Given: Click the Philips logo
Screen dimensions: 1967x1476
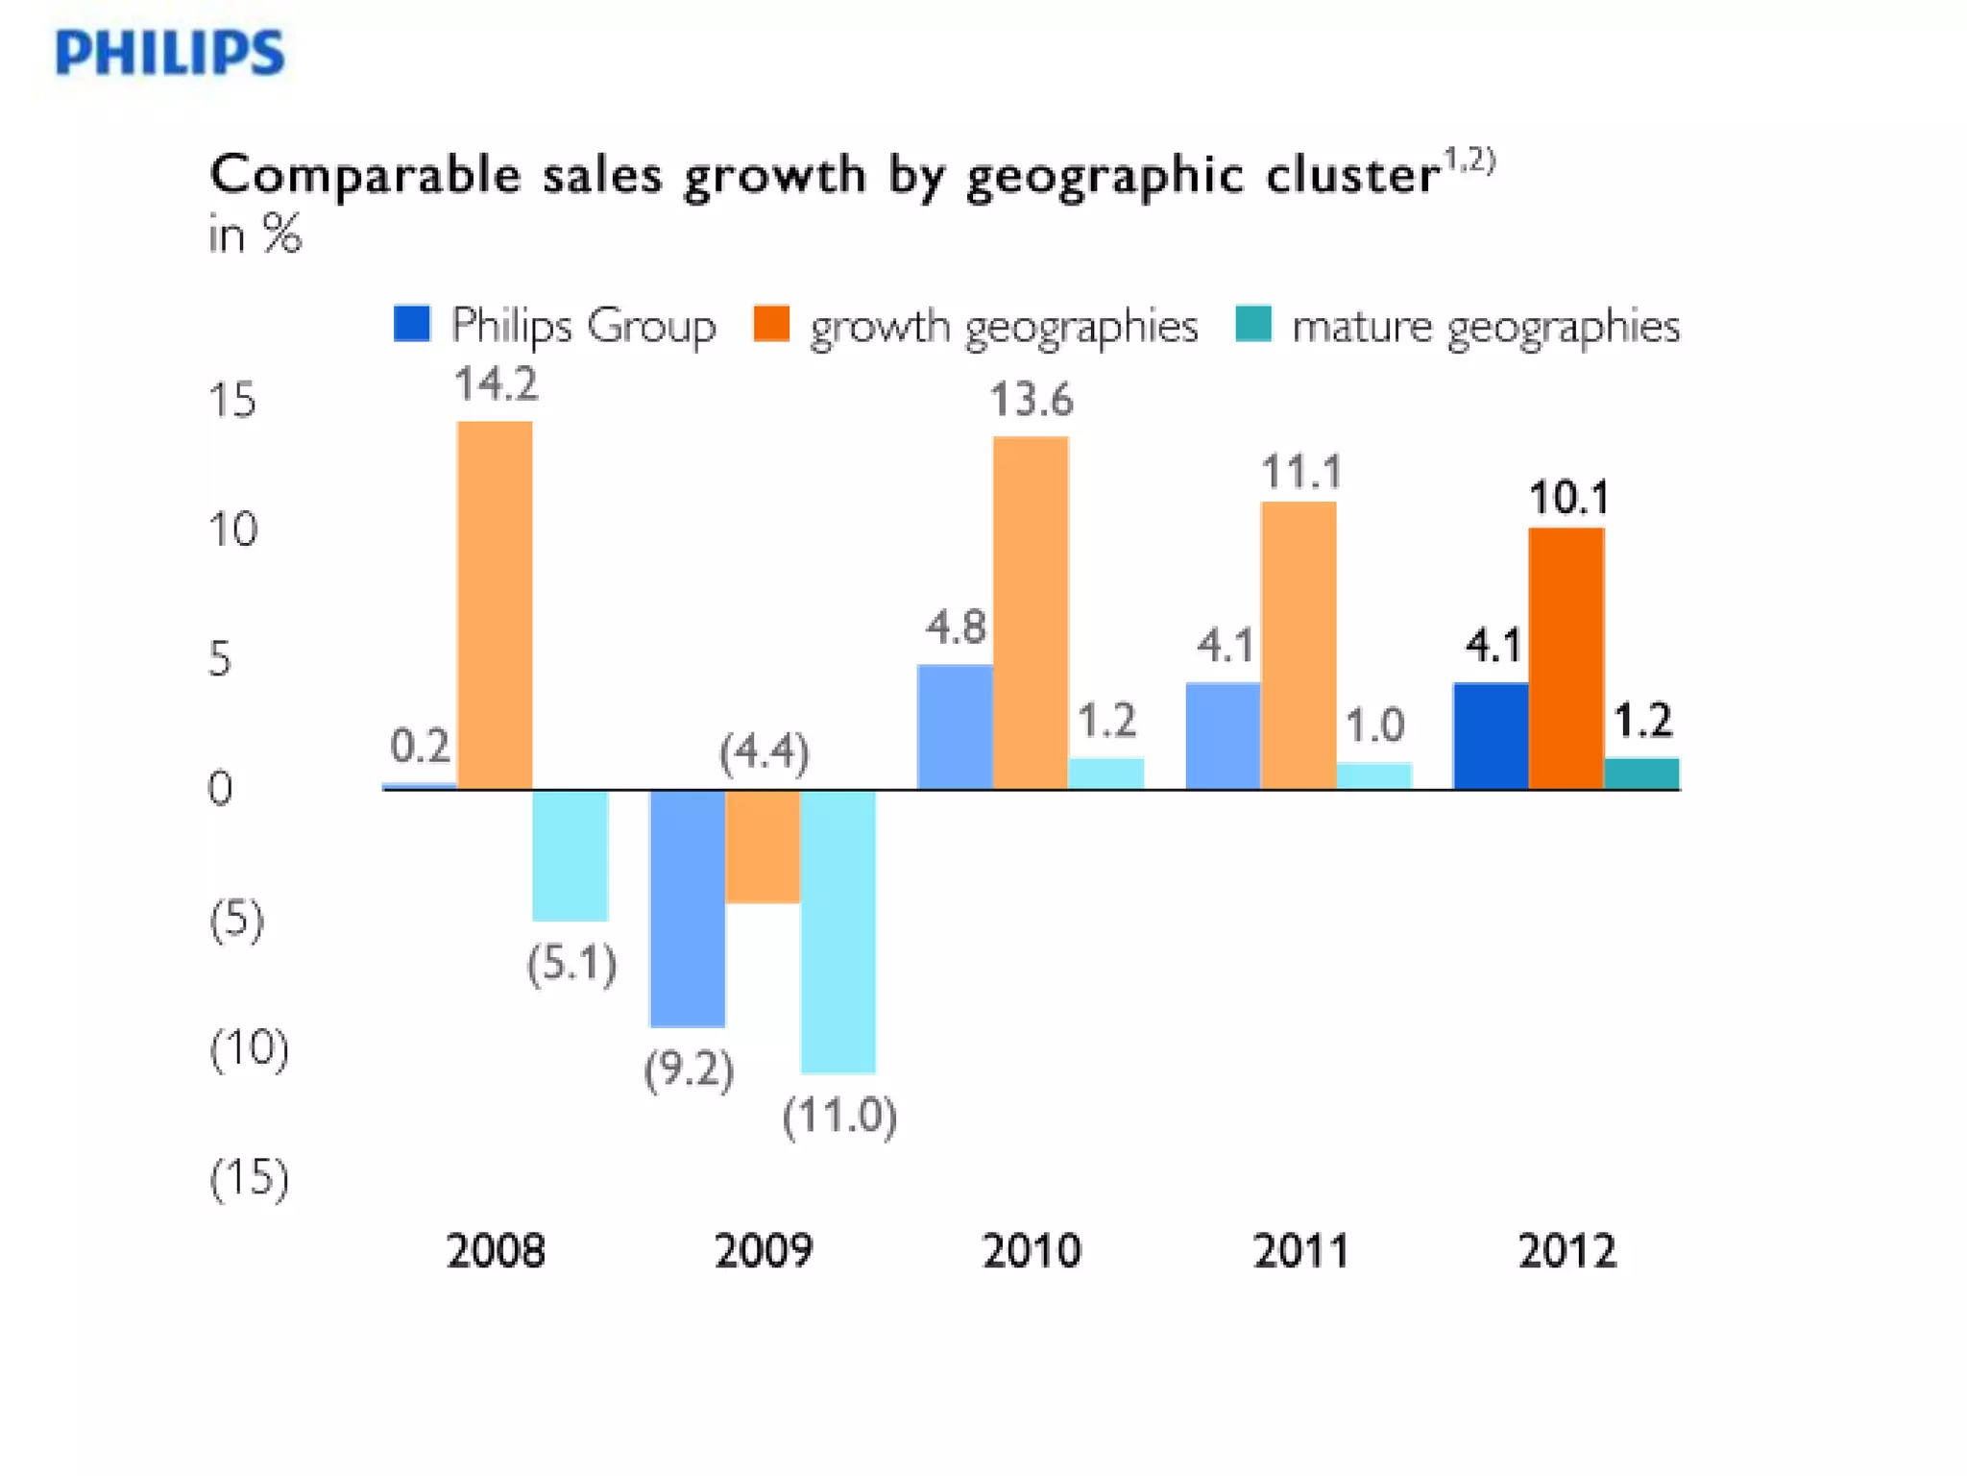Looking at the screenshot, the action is (x=170, y=52).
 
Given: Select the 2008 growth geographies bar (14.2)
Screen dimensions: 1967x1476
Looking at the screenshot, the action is (x=495, y=605).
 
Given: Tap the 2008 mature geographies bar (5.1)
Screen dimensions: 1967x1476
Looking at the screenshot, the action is (x=571, y=855).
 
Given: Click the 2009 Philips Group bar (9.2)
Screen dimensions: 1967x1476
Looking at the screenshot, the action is (x=688, y=908).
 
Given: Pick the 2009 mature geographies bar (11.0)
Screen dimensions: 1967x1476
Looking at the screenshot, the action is (x=838, y=931).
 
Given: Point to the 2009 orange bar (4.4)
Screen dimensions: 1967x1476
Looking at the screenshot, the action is (x=763, y=847).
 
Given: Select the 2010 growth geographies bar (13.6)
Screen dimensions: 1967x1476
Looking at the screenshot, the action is (x=1031, y=613).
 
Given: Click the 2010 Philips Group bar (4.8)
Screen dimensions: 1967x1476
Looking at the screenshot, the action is (x=956, y=727).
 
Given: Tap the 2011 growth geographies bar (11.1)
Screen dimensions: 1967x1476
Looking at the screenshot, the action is (x=1299, y=646).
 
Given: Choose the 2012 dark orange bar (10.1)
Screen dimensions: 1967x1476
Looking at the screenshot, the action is (x=1566, y=659).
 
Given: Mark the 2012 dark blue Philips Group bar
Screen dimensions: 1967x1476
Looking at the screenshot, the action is (x=1492, y=736).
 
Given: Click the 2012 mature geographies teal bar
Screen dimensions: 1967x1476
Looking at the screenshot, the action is (x=1642, y=774).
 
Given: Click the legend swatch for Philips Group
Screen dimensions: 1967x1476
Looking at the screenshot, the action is (x=412, y=324).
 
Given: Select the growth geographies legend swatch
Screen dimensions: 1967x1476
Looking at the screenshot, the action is (x=771, y=324).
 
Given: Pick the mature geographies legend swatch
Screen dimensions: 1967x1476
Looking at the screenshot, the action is (x=1253, y=324).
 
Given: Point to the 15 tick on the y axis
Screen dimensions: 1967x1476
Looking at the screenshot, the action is (x=232, y=400).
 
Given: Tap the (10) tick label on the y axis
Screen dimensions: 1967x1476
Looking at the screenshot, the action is (x=249, y=1047).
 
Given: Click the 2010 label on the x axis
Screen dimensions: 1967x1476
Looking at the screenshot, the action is (x=1032, y=1250).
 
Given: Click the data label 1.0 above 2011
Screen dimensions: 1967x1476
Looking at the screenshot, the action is (x=1374, y=725).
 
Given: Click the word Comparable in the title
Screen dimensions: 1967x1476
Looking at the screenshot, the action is (x=365, y=176).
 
